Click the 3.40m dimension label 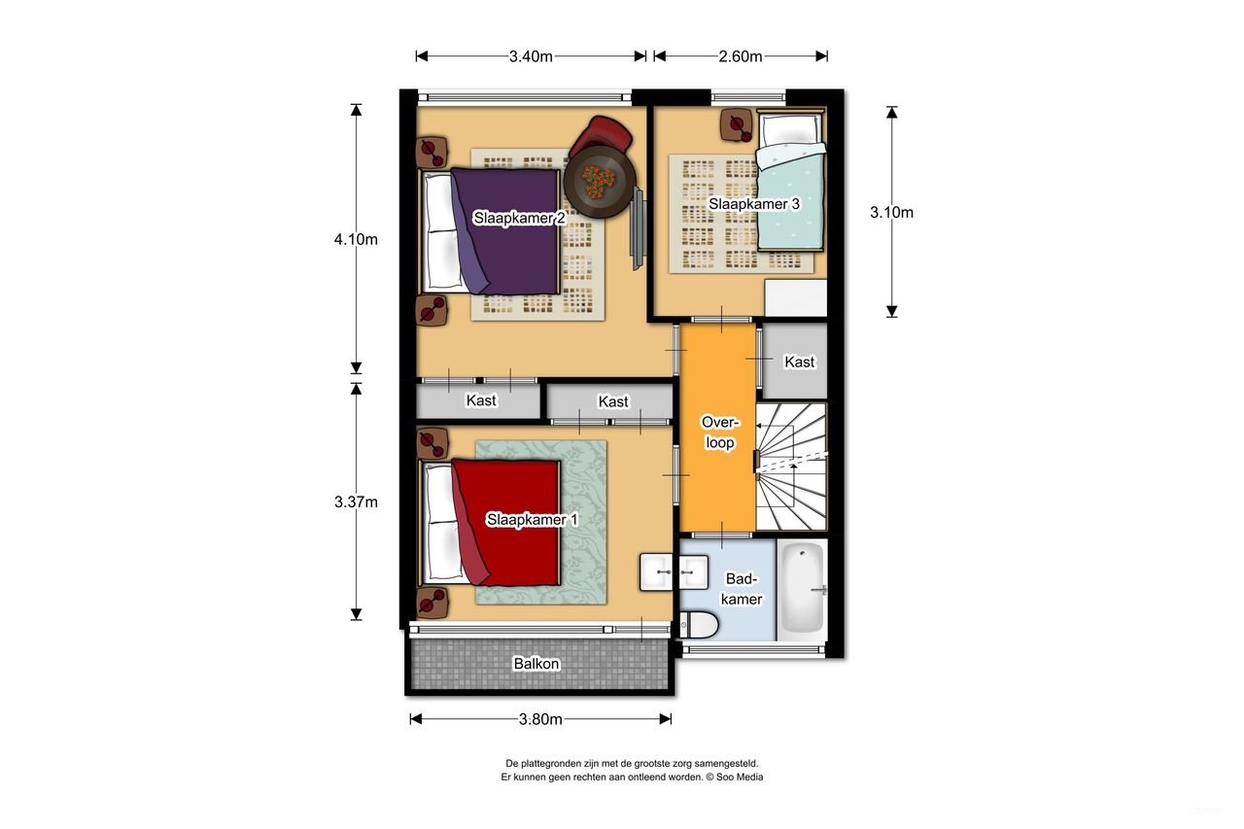point(531,56)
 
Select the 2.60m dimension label point(740,56)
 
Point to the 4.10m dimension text point(355,239)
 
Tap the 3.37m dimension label point(355,501)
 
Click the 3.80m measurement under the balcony point(540,719)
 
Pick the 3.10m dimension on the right point(891,212)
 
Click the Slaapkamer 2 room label point(520,219)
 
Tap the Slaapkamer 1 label point(532,520)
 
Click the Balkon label point(536,664)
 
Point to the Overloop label point(720,432)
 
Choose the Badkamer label point(743,589)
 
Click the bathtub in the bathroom point(803,590)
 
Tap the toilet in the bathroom point(699,625)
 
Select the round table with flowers point(600,180)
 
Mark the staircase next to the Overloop point(791,467)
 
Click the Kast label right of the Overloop point(800,362)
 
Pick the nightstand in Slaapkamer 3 point(736,123)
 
